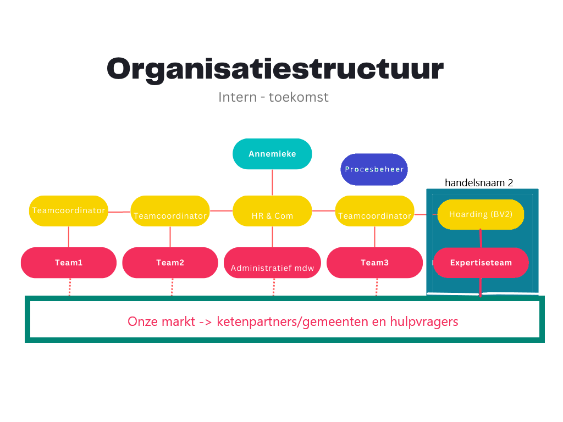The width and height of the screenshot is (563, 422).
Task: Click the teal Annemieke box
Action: coord(272,154)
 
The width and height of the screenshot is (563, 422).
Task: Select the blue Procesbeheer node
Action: coord(374,169)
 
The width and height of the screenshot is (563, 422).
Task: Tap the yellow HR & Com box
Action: coord(272,211)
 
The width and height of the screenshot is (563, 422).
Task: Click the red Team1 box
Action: coord(69,263)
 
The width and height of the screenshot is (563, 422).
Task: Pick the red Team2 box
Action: coord(170,263)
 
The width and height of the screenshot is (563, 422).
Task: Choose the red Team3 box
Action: coord(374,263)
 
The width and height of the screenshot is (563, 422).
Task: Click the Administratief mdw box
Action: coord(272,263)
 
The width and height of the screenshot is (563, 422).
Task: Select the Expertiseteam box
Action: coord(481,263)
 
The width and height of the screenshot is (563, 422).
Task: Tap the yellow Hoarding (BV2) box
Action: coord(481,215)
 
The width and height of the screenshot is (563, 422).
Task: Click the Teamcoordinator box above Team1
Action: coord(69,211)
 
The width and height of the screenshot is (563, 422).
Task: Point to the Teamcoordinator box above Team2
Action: coord(170,211)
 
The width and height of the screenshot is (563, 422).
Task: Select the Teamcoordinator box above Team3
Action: coord(374,211)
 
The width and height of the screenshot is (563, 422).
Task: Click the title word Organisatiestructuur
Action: coord(275,69)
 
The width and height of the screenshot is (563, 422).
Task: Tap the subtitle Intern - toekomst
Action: coord(273,97)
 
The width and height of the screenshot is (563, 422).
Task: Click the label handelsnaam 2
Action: coord(479,182)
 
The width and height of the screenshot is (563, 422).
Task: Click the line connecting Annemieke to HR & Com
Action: coord(272,182)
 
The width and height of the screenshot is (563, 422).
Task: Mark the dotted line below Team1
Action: coord(70,287)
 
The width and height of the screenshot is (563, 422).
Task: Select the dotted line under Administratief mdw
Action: coord(274,287)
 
